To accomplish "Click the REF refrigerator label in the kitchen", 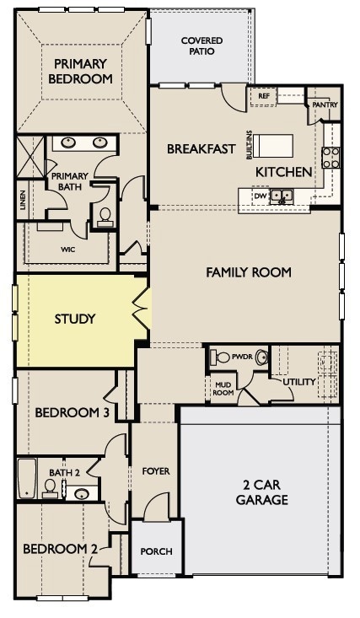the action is point(264,96).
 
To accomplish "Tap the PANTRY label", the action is point(325,105).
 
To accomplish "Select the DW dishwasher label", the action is point(259,196).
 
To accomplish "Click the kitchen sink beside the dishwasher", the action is point(281,196).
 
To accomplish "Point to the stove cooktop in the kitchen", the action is point(330,158).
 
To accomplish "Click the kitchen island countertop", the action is point(273,146).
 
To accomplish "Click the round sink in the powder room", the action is point(261,357).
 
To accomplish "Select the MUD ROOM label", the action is point(223,389).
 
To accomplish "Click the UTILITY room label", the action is point(299,382).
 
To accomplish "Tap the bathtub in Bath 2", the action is point(27,478).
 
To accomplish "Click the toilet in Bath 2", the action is point(50,488).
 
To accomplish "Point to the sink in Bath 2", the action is point(81,493).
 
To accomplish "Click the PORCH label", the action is point(156,551).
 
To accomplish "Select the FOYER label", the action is point(156,471).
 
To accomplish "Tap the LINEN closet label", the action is point(23,200).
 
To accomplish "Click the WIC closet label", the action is point(67,250).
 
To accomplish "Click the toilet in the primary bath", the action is point(105,218).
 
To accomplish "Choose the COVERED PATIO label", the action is point(201,46).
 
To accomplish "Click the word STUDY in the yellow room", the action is point(75,319).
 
